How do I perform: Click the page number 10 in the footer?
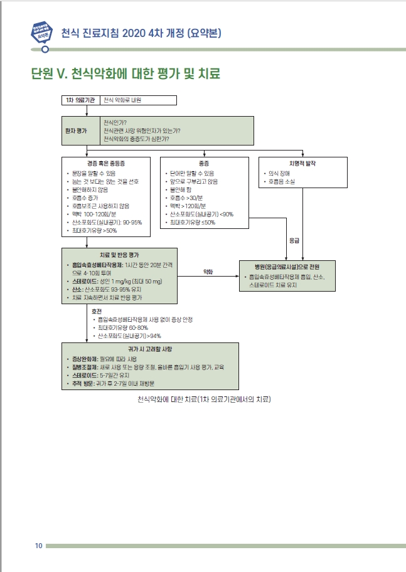pos(38,546)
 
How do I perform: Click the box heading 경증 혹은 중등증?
pos(106,163)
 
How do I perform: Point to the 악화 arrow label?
pos(208,272)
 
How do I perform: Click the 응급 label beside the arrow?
pos(294,240)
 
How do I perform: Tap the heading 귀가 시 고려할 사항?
pos(150,348)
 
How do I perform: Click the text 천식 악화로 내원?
pos(122,100)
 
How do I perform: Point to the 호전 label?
pos(96,311)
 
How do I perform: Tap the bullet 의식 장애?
pos(281,173)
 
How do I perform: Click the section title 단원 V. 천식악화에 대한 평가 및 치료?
pos(126,73)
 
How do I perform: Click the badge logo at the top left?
pos(41,31)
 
